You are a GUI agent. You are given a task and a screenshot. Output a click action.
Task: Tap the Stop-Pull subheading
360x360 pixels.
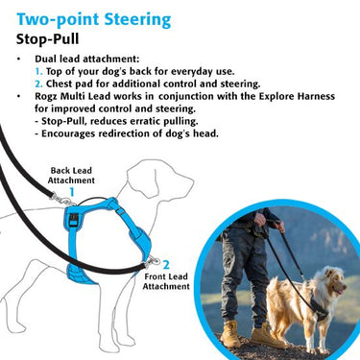click(47, 39)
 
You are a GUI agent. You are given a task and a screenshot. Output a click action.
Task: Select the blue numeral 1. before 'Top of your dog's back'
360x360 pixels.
click(38, 71)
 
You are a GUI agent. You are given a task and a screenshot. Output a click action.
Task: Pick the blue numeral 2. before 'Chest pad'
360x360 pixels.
click(39, 84)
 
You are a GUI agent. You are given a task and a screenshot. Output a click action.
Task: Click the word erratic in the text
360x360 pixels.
click(146, 121)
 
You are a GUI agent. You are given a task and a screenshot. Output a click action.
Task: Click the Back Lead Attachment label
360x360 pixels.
click(71, 176)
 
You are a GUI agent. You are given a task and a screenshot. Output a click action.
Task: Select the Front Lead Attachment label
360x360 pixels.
click(166, 281)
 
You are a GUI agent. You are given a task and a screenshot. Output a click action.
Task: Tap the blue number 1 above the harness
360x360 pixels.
click(72, 192)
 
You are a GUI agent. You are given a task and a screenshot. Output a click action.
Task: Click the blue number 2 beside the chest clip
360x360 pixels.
click(166, 265)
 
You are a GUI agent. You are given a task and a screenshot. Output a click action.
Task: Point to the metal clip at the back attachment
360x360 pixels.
click(63, 200)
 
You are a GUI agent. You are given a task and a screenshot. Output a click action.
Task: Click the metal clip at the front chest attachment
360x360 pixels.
click(152, 262)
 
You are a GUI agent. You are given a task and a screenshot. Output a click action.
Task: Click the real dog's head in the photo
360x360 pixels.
click(333, 282)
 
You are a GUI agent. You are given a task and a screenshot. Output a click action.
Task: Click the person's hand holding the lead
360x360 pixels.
click(259, 220)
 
